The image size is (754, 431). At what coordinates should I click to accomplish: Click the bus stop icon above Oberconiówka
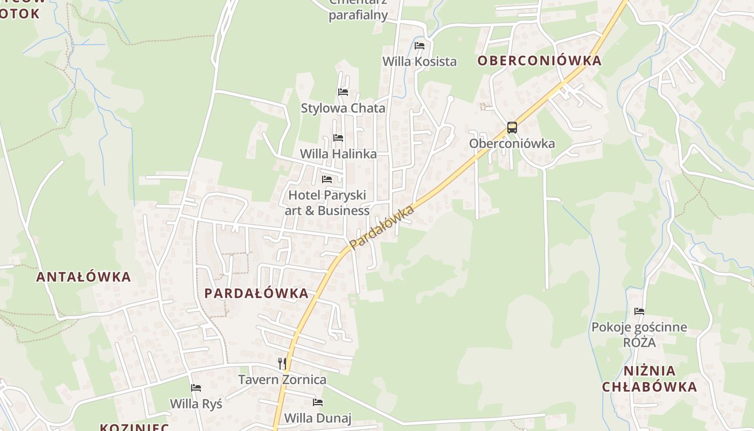512,128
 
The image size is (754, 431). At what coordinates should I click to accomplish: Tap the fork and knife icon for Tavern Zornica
282,364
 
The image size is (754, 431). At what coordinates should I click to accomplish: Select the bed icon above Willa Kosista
420,46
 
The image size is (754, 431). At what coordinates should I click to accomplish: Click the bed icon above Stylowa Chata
343,92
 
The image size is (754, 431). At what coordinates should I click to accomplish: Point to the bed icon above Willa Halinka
338,138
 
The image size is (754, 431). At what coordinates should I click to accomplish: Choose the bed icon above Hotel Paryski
327,179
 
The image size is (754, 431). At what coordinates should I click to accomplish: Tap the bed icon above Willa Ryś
196,388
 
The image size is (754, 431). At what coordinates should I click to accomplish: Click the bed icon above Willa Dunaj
318,402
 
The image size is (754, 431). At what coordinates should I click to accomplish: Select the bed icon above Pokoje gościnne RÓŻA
639,311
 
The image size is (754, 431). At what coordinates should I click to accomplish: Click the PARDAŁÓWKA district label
257,294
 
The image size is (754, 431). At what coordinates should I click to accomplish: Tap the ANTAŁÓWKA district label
83,277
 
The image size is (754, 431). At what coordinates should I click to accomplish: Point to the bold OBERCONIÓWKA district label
539,61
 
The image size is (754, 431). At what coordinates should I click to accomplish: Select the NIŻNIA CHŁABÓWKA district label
650,379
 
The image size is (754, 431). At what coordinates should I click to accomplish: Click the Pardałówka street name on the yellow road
382,227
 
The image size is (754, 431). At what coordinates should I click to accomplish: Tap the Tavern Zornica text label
282,380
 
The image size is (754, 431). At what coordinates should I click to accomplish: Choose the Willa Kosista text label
420,61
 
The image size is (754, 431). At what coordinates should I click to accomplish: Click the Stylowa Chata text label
343,108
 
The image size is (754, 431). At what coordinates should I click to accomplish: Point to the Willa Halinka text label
338,154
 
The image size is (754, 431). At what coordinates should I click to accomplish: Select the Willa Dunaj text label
318,418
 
